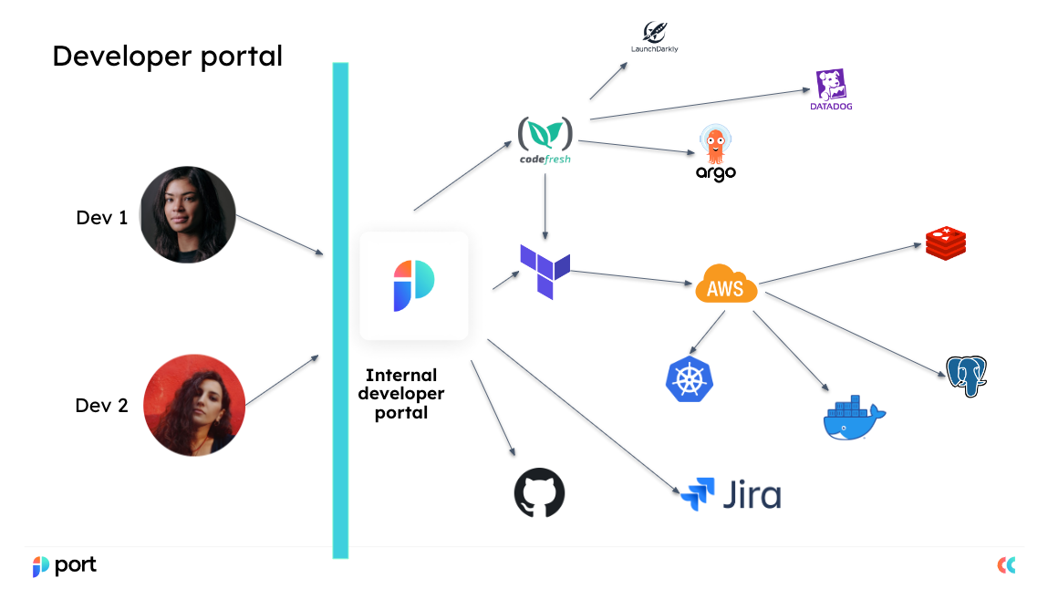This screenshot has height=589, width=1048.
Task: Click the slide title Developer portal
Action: pyautogui.click(x=167, y=56)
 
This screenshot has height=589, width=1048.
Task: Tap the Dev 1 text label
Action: pyautogui.click(x=101, y=218)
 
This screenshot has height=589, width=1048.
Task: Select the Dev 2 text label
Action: pyautogui.click(x=101, y=406)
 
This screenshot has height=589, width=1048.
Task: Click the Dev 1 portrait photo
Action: pyautogui.click(x=188, y=214)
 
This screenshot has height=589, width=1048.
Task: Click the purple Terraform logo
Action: pyautogui.click(x=545, y=271)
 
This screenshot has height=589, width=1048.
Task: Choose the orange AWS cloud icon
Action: pyautogui.click(x=726, y=284)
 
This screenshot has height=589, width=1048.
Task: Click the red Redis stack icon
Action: pyautogui.click(x=946, y=242)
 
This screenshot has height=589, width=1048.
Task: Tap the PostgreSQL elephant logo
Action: pyautogui.click(x=968, y=377)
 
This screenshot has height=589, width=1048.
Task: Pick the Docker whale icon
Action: pyautogui.click(x=853, y=418)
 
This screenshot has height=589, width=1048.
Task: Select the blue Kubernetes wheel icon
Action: pyautogui.click(x=690, y=379)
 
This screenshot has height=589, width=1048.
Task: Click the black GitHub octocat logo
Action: pyautogui.click(x=540, y=493)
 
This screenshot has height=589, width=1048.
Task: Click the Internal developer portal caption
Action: pyautogui.click(x=401, y=393)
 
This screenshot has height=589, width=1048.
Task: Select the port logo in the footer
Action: pyautogui.click(x=65, y=565)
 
